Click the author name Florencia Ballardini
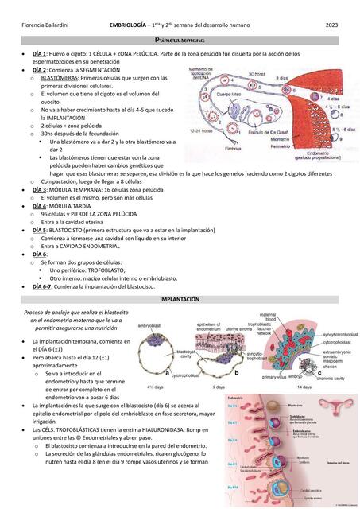click(46, 26)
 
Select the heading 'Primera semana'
click(180, 40)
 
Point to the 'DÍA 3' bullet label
click(41, 190)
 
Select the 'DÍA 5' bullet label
click(41, 230)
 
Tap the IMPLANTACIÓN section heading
click(180, 299)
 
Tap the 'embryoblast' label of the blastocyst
click(149, 326)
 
